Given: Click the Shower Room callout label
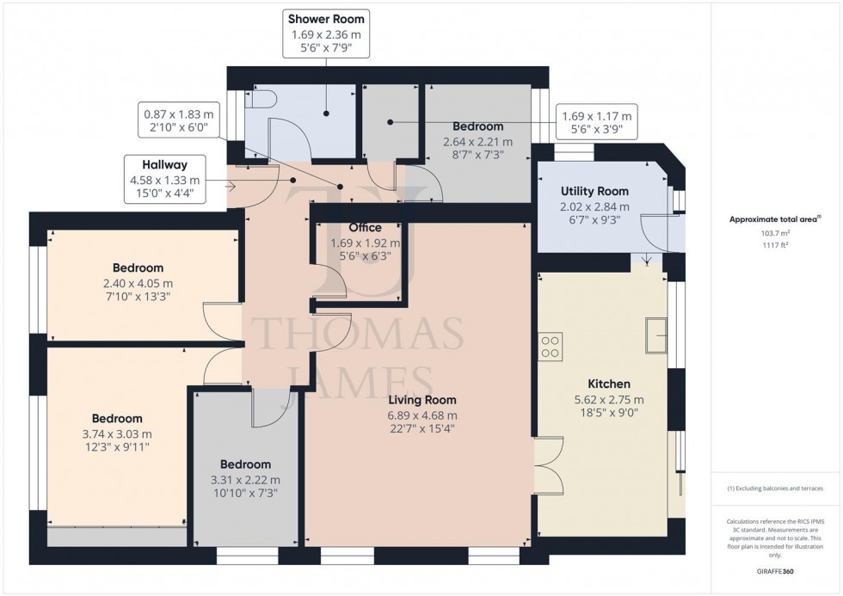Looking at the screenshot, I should pos(326,19).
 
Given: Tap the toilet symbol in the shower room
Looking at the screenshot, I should pos(259,100).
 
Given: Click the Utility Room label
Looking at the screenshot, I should pos(594,191).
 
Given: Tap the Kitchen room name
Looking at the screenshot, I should pos(609,384).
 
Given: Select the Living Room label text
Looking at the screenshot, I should pos(421,400).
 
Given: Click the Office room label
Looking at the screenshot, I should pos(365,228).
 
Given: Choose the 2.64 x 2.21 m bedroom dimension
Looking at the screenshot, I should pos(477,142).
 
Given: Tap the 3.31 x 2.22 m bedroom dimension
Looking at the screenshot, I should pos(245,480).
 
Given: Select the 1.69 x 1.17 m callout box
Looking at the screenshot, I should pos(596,124).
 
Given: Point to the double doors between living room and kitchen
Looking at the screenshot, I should pos(546,465).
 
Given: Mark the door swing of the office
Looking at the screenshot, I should pos(323,280).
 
